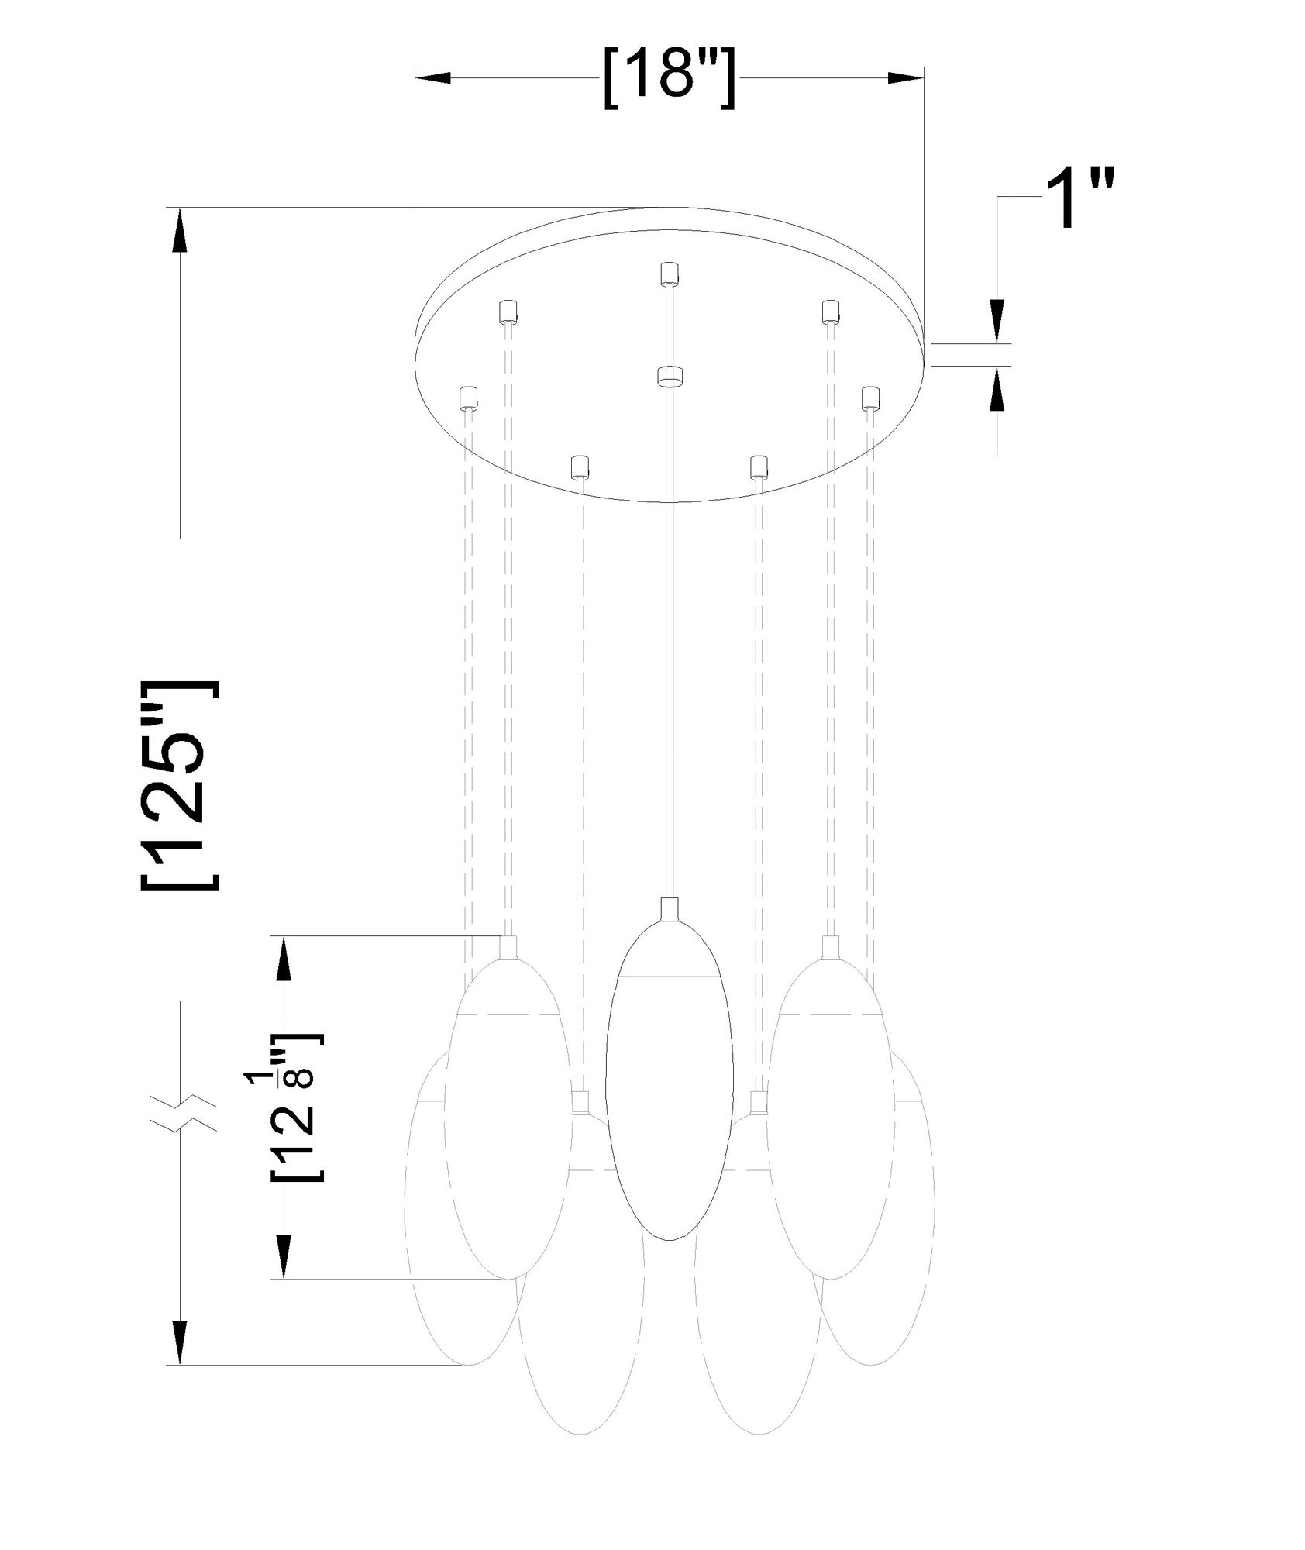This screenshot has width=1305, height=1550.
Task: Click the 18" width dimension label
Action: [x=668, y=79]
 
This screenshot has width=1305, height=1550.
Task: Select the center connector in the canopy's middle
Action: [x=669, y=376]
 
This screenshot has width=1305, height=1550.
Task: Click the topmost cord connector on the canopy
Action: [x=669, y=274]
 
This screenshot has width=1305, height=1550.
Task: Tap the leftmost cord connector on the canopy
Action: [x=468, y=398]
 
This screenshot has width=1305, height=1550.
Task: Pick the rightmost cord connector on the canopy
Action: [x=871, y=398]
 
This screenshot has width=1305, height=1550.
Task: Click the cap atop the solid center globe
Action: [x=669, y=908]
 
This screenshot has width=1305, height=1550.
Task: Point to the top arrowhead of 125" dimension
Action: [x=180, y=229]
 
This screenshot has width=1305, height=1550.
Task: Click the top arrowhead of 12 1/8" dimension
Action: [x=285, y=959]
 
